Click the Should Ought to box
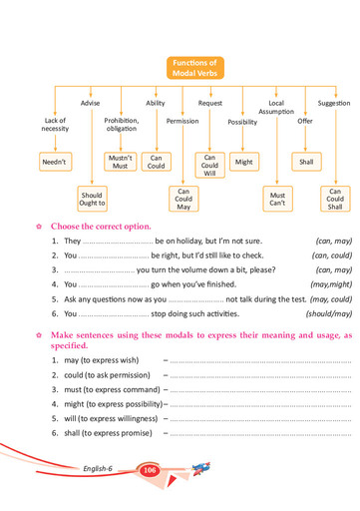(92, 201)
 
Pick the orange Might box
(243, 161)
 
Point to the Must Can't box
(277, 201)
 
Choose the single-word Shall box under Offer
(306, 161)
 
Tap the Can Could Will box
(209, 165)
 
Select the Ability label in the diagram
(156, 103)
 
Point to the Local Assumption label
(276, 107)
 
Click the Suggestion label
(333, 103)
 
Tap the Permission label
(182, 121)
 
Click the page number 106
(151, 470)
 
